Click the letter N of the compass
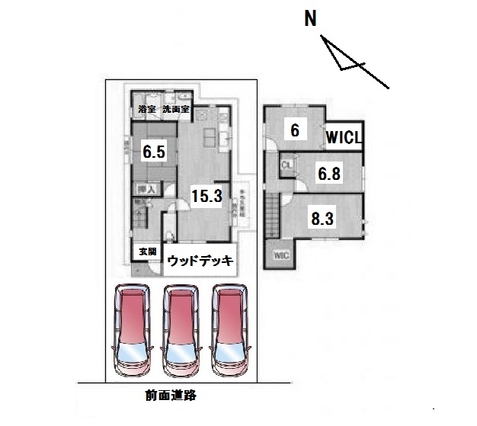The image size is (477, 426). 311,19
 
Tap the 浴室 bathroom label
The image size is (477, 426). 147,110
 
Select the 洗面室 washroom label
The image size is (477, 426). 175,110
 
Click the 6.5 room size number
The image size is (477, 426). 154,152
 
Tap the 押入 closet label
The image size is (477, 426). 146,188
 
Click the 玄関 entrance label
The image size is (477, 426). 147,251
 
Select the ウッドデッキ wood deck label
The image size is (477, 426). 200,261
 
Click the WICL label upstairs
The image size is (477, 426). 344,138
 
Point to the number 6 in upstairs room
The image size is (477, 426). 294,130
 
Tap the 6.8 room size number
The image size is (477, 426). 329,174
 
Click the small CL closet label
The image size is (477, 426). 287,165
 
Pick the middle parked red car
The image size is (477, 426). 181,328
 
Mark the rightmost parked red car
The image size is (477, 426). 229,328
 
